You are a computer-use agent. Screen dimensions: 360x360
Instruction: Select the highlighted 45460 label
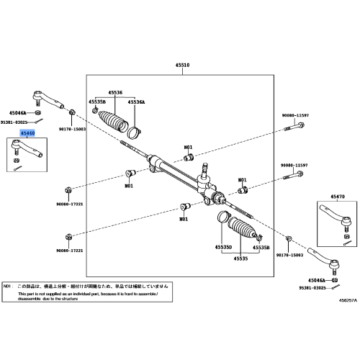pos(28,133)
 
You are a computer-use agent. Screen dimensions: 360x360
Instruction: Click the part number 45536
pos(114,93)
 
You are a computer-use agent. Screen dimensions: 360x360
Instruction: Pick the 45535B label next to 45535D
pos(261,247)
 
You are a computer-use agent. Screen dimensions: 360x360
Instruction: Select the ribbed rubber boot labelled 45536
pos(114,120)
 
